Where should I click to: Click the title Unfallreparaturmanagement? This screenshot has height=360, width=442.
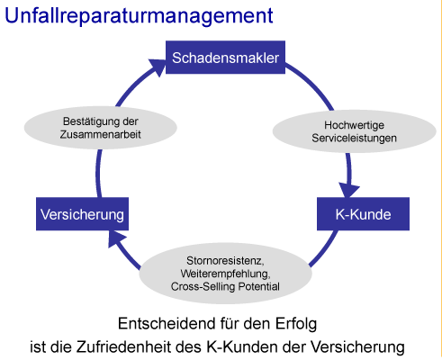pyautogui.click(x=139, y=16)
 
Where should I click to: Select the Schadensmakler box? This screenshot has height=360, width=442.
pyautogui.click(x=225, y=58)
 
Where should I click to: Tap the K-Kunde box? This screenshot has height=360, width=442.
pyautogui.click(x=363, y=214)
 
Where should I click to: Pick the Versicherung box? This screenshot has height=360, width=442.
pyautogui.click(x=82, y=214)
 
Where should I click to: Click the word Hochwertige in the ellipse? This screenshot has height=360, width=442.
pyautogui.click(x=354, y=125)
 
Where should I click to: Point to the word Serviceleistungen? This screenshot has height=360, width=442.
pyautogui.click(x=354, y=138)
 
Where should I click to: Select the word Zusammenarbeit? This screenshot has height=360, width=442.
pyautogui.click(x=100, y=134)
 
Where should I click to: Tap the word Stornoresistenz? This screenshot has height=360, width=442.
pyautogui.click(x=225, y=261)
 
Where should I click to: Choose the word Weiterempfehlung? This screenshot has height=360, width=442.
pyautogui.click(x=225, y=274)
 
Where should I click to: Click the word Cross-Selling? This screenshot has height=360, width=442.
pyautogui.click(x=203, y=286)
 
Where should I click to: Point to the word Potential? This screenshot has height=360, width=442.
pyautogui.click(x=258, y=286)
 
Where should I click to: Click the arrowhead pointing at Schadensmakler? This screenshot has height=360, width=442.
pyautogui.click(x=158, y=67)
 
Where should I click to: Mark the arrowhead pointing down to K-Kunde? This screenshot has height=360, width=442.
pyautogui.click(x=349, y=190)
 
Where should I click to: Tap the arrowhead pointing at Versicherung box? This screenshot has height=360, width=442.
pyautogui.click(x=116, y=238)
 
